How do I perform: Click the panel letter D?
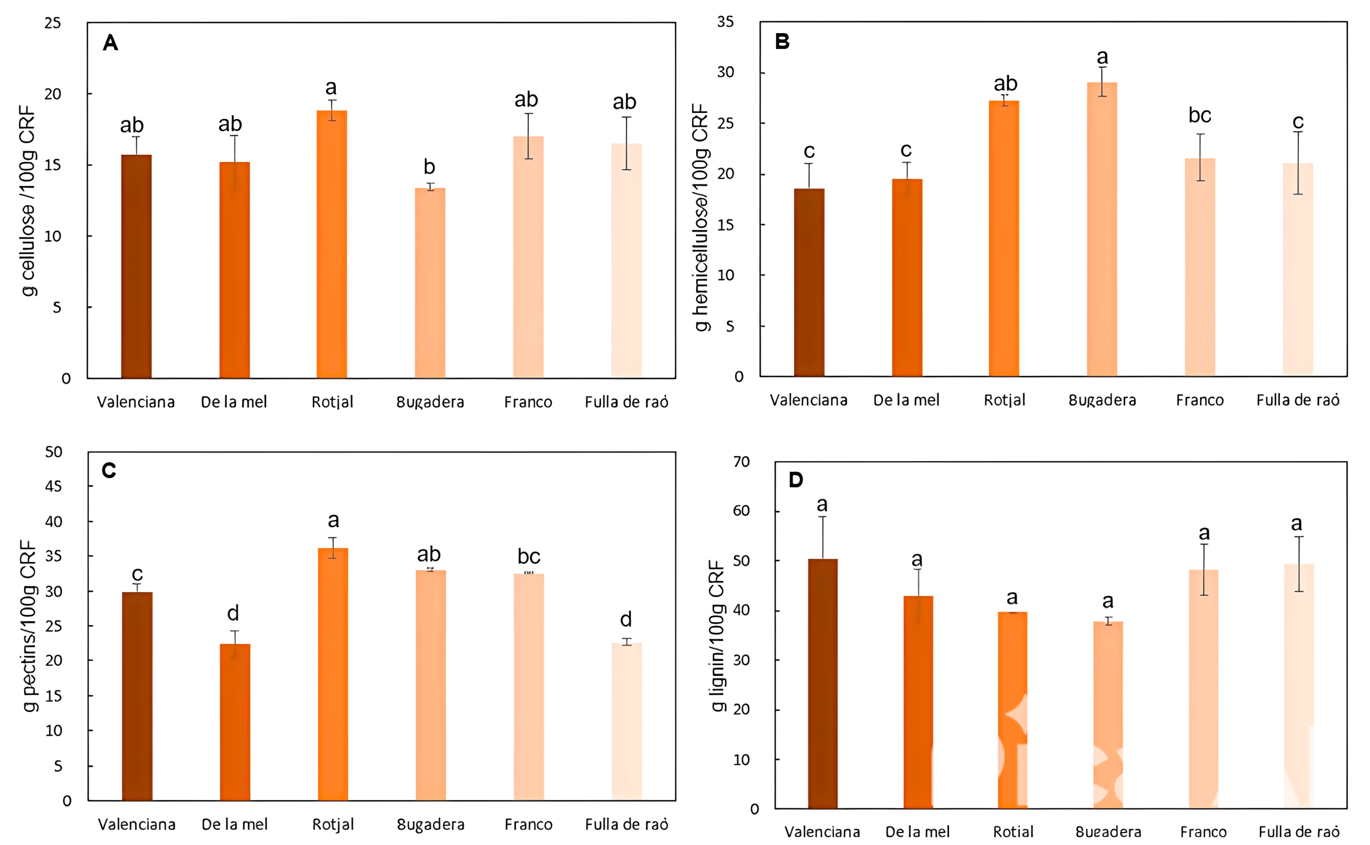(x=795, y=479)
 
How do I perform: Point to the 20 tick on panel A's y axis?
(x=53, y=94)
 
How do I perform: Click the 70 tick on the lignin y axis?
(x=741, y=462)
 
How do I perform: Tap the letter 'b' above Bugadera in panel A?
(x=429, y=166)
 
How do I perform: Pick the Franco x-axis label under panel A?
(x=528, y=402)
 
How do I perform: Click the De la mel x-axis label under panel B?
(x=906, y=400)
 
